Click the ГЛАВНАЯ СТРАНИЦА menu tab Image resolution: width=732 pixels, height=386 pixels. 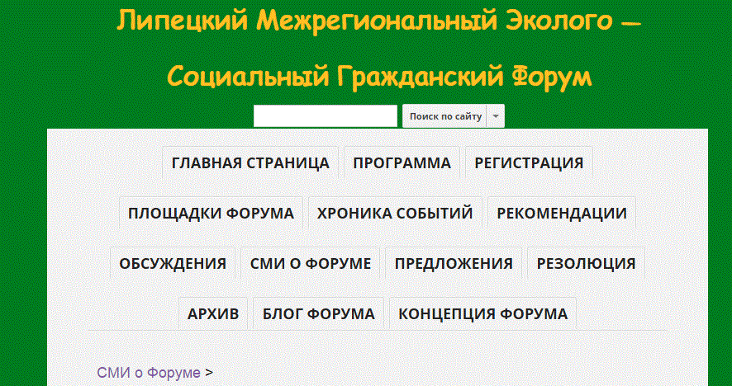(x=250, y=162)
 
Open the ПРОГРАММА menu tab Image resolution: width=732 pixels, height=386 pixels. (x=402, y=162)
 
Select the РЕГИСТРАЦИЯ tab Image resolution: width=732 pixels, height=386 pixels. (x=529, y=162)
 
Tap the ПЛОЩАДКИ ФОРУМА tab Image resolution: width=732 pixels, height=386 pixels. (x=211, y=213)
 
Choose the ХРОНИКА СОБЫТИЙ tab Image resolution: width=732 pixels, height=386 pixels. (x=395, y=213)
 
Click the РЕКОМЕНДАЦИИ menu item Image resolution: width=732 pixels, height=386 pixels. (x=562, y=213)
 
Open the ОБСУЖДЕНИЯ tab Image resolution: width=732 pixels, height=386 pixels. (x=173, y=263)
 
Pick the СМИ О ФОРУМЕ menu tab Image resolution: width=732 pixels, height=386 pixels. (x=311, y=263)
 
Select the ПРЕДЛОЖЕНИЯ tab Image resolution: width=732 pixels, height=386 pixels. (x=454, y=263)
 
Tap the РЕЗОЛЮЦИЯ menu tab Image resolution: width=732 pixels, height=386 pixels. (x=586, y=263)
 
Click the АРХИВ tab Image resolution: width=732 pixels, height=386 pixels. (x=213, y=313)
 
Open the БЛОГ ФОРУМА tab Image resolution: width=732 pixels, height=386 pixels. (x=318, y=313)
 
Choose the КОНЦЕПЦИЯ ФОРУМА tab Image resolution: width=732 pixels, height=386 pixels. (x=483, y=313)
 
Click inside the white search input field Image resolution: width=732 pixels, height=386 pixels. (x=326, y=116)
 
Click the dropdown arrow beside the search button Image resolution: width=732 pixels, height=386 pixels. (x=496, y=116)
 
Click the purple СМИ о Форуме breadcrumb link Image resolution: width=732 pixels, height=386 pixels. (x=149, y=373)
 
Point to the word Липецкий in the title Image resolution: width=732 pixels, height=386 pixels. (x=182, y=21)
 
